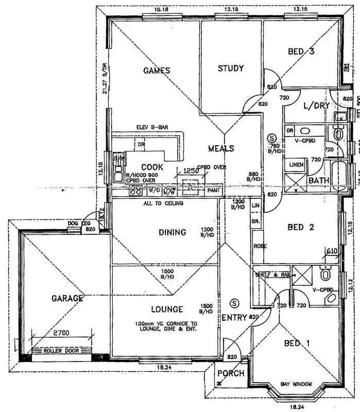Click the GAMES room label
click(156, 70)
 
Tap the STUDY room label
click(230, 68)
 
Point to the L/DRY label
click(314, 106)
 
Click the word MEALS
click(221, 148)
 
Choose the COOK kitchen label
click(152, 167)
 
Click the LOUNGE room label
click(167, 309)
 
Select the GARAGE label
click(67, 298)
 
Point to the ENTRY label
click(234, 317)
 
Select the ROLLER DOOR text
click(60, 351)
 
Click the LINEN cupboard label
click(296, 165)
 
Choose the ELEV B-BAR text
click(152, 128)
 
